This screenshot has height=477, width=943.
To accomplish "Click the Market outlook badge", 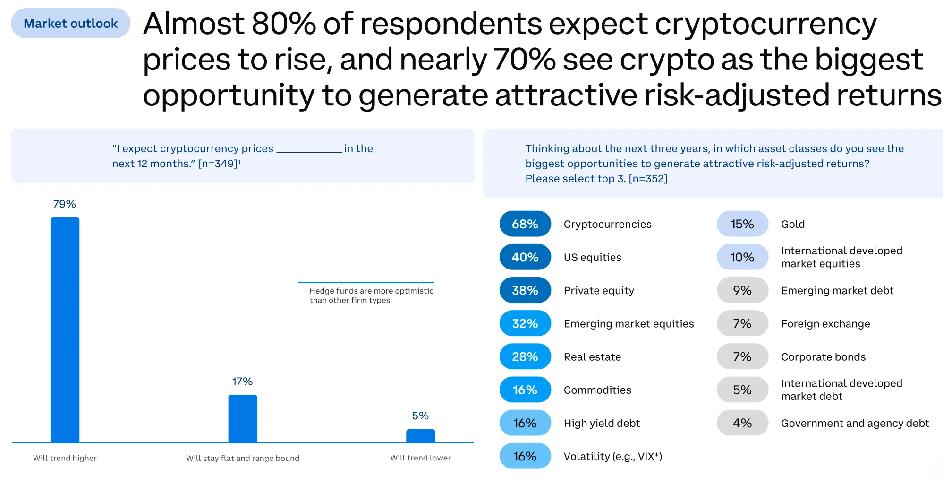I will pyautogui.click(x=71, y=23).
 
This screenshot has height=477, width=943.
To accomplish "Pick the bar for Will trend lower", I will pyautogui.click(x=420, y=435).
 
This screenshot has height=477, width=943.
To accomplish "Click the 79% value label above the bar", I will pyautogui.click(x=64, y=204).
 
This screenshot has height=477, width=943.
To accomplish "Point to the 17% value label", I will pyautogui.click(x=242, y=381).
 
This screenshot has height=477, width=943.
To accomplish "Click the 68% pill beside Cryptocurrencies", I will pyautogui.click(x=525, y=224).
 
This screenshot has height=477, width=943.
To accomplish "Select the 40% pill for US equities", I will pyautogui.click(x=525, y=257).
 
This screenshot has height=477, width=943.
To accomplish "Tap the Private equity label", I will pyautogui.click(x=599, y=290).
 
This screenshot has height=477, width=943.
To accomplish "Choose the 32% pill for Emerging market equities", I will pyautogui.click(x=525, y=323).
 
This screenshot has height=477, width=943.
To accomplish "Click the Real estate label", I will pyautogui.click(x=592, y=357).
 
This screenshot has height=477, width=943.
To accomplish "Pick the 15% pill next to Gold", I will pyautogui.click(x=742, y=224).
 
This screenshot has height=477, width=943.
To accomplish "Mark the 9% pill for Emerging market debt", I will pyautogui.click(x=742, y=290).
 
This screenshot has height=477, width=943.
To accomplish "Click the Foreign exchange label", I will pyautogui.click(x=825, y=324).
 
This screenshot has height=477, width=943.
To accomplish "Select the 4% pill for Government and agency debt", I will pyautogui.click(x=742, y=423).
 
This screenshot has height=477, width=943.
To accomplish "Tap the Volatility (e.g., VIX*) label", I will pyautogui.click(x=612, y=456).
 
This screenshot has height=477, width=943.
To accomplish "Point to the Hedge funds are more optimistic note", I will pyautogui.click(x=371, y=295).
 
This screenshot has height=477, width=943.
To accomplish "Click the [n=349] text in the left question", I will pyautogui.click(x=218, y=164).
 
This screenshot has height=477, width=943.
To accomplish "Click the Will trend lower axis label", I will pyautogui.click(x=420, y=458).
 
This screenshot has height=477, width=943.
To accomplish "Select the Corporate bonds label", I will pyautogui.click(x=823, y=357).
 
